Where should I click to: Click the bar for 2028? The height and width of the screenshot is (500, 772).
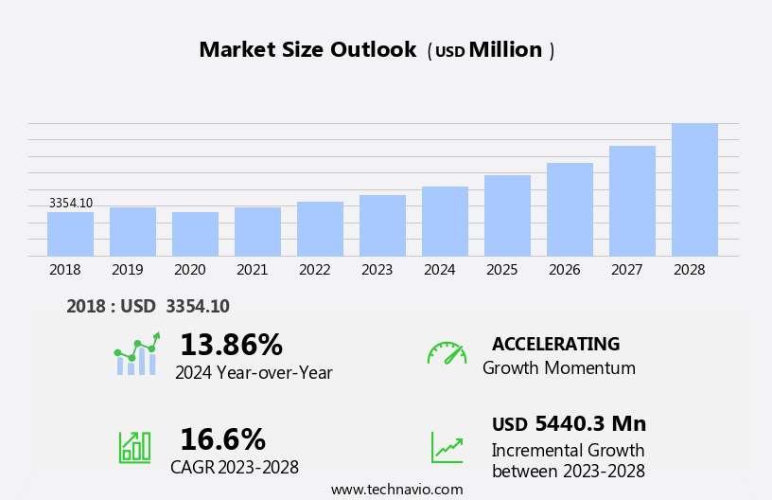point(694,189)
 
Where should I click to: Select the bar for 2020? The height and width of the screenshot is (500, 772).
point(195,234)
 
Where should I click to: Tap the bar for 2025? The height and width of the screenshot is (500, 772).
point(507,215)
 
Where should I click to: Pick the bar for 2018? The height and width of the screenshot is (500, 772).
point(70,234)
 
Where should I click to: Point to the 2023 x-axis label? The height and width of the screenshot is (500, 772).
point(377,270)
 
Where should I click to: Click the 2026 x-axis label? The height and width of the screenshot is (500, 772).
point(564,270)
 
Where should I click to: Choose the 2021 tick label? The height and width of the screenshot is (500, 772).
point(252,270)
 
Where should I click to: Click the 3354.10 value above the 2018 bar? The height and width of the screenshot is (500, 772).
point(71,204)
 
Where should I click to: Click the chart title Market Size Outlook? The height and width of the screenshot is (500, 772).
point(307,50)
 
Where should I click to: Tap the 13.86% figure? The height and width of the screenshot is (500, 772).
point(231,345)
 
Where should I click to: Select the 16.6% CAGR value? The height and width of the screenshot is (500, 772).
point(222,439)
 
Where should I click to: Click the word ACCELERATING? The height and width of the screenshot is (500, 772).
point(555,344)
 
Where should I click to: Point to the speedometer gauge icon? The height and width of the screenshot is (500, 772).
point(447,353)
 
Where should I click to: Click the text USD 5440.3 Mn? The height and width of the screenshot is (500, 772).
point(569,424)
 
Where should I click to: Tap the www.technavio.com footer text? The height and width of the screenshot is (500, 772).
point(396,490)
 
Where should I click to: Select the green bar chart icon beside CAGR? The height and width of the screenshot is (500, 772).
point(134,446)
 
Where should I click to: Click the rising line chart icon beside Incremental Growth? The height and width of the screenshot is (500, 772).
point(447,447)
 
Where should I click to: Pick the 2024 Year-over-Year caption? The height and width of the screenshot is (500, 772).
point(254,373)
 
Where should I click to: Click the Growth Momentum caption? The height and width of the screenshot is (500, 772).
point(558,368)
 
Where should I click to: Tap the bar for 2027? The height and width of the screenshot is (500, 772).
point(632,201)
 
